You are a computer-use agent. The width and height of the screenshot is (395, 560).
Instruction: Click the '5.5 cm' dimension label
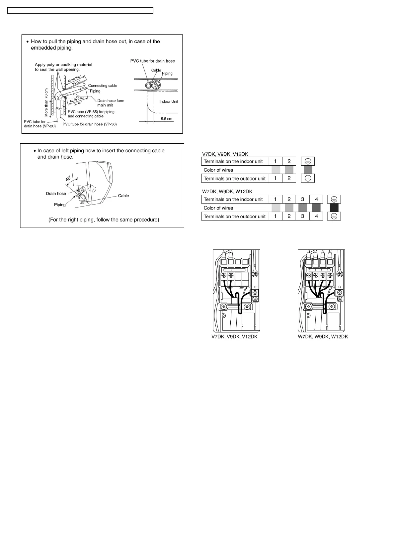(x=166, y=119)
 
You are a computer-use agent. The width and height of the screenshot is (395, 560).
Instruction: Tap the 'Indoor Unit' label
(x=169, y=101)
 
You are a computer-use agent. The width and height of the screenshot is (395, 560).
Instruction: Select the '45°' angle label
(x=68, y=178)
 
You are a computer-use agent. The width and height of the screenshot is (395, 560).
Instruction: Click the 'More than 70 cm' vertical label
(x=46, y=102)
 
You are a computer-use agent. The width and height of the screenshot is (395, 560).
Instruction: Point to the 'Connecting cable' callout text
(x=103, y=86)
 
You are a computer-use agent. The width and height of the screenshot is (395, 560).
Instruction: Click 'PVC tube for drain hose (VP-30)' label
(x=90, y=124)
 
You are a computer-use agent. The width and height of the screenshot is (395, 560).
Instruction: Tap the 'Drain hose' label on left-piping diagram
(x=56, y=194)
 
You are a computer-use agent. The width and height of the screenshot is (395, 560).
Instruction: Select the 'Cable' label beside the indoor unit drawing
(x=123, y=196)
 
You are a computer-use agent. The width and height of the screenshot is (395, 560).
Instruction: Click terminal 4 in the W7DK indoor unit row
(x=316, y=199)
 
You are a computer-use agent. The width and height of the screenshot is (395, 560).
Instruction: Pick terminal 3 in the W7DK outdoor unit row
(x=302, y=216)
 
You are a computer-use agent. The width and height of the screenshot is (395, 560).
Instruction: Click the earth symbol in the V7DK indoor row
(x=308, y=161)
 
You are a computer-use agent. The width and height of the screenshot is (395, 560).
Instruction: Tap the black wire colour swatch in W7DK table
(x=334, y=208)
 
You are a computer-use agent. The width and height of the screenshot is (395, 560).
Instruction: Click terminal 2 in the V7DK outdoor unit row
(x=289, y=179)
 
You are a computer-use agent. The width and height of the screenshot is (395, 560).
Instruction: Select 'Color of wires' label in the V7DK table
(x=218, y=170)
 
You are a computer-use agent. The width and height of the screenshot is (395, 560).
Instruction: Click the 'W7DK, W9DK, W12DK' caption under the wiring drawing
(x=323, y=337)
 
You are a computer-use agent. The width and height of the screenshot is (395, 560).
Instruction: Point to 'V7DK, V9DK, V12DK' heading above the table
(x=225, y=154)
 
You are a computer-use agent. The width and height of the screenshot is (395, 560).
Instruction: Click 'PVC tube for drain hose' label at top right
(x=152, y=61)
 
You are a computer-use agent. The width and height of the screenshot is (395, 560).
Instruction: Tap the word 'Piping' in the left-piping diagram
(x=60, y=205)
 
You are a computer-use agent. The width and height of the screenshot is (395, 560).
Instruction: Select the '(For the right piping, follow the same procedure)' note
(x=104, y=220)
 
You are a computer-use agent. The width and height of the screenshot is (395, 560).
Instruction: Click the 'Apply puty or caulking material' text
(x=63, y=65)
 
